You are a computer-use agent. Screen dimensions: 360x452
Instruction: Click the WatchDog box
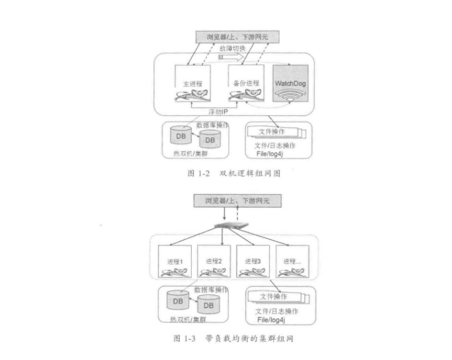290,89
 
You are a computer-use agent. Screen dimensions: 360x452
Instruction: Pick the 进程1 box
176,263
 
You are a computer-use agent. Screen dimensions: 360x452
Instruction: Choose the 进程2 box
214,263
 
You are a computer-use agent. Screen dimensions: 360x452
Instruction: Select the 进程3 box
253,263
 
